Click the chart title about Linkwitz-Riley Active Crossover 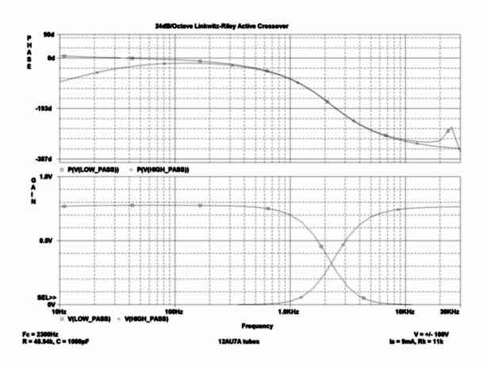221,26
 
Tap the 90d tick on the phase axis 47,36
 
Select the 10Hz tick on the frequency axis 58,311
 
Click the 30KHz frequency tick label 451,311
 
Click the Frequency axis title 258,325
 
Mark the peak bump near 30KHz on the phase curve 451,129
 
